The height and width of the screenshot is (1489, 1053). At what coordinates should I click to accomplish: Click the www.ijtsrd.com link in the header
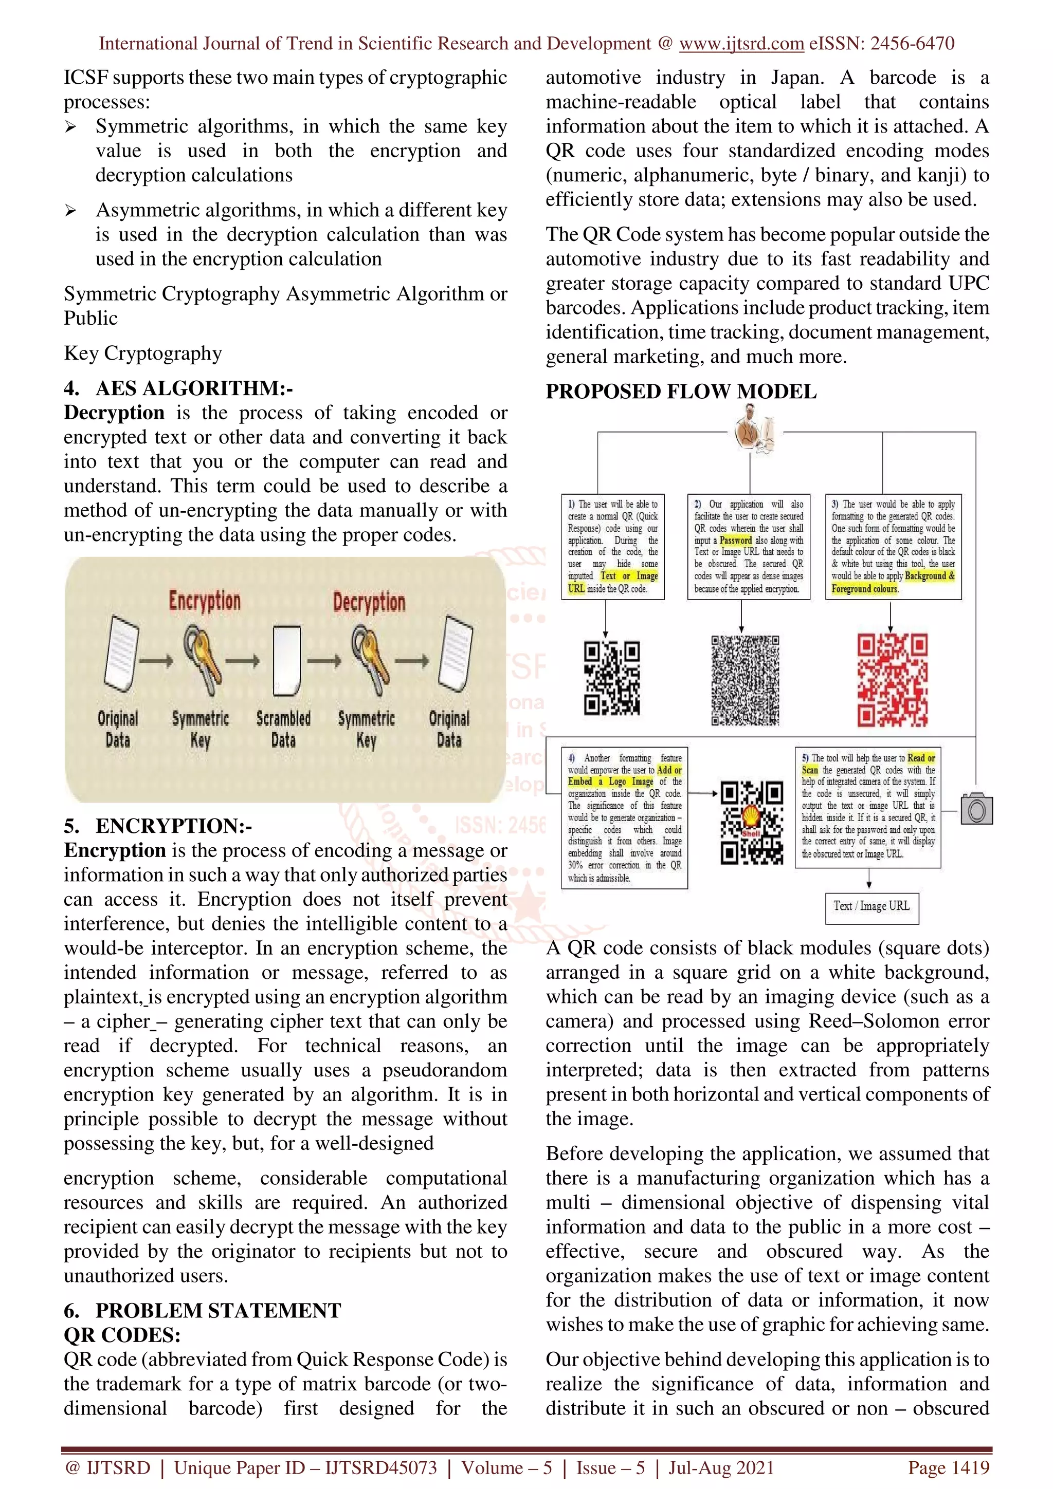point(741,44)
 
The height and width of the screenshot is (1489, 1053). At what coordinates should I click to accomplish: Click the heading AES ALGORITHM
point(193,388)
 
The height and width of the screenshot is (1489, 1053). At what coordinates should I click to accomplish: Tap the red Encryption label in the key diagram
point(204,601)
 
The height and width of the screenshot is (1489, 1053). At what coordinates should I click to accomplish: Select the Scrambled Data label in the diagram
point(283,729)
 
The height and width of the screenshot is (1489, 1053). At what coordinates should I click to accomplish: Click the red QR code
point(892,680)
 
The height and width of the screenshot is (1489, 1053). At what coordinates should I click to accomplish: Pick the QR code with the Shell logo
point(751,823)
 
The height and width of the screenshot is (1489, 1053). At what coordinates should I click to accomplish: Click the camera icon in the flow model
point(976,809)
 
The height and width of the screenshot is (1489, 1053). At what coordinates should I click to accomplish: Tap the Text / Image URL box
point(872,906)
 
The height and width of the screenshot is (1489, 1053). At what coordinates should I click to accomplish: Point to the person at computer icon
point(755,427)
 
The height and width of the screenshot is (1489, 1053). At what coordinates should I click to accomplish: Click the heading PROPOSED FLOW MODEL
point(681,392)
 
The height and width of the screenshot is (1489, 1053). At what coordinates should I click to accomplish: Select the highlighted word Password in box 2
point(735,540)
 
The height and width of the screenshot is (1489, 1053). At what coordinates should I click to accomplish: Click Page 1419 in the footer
point(949,1467)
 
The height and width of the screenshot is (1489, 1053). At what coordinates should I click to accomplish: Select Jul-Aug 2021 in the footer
point(721,1467)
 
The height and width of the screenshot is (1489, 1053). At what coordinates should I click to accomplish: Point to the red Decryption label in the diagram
point(369,602)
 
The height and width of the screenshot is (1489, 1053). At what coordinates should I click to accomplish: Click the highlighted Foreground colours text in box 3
point(864,589)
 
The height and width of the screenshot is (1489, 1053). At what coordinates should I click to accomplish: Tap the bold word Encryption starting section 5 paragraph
point(115,850)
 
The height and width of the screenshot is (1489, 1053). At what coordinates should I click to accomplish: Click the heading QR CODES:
point(122,1335)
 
